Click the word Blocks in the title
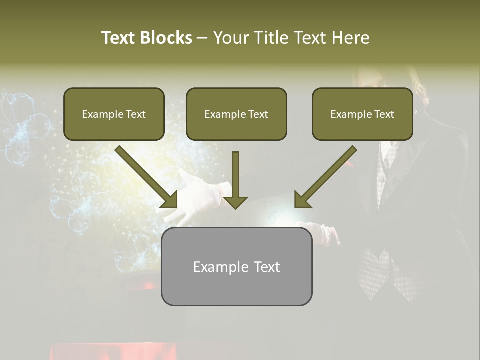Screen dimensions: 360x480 (167, 38)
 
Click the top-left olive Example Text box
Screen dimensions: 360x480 (114, 114)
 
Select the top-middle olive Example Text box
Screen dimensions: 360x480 (236, 114)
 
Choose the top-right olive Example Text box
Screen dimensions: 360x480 (362, 114)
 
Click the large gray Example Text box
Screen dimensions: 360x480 (236, 266)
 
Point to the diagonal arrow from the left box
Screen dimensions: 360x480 (145, 176)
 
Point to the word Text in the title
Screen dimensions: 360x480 (119, 38)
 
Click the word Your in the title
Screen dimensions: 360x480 (231, 38)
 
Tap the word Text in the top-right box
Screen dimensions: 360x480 (384, 114)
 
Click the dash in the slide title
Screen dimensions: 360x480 (202, 38)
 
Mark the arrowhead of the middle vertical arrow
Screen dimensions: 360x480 (235, 202)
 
